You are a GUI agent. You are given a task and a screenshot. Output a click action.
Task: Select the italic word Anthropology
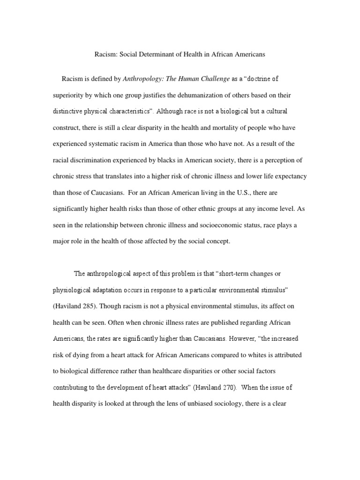point(142,78)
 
